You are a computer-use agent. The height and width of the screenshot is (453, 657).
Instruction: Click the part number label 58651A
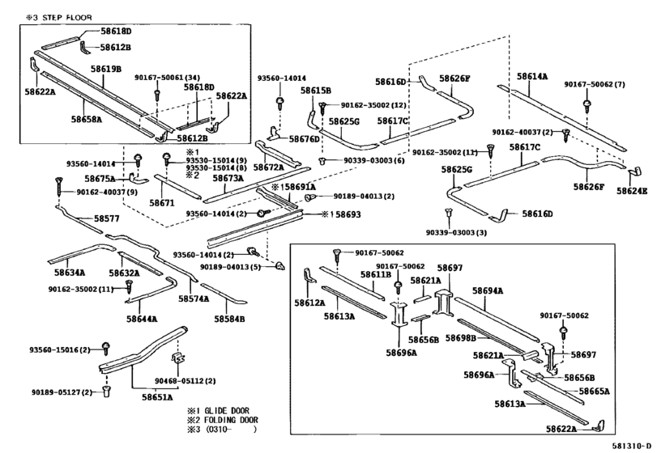pyautogui.click(x=157, y=397)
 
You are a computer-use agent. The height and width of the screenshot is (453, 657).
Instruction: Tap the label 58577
pyautogui.click(x=106, y=218)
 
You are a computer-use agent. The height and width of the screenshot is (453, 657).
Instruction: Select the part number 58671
pyautogui.click(x=162, y=203)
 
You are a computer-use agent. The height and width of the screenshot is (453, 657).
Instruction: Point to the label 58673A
pyautogui.click(x=228, y=178)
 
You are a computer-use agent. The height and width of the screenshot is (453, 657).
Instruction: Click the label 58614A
pyautogui.click(x=532, y=76)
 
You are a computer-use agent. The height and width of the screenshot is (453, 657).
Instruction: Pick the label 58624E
pyautogui.click(x=631, y=192)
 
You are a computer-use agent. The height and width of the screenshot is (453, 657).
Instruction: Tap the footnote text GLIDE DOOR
pyautogui.click(x=227, y=411)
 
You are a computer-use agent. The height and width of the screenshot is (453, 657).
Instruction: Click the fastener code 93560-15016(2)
pyautogui.click(x=60, y=349)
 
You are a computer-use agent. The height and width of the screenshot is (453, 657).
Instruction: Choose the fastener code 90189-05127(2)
pyautogui.click(x=62, y=392)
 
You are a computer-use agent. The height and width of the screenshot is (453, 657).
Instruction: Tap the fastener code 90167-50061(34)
pyautogui.click(x=167, y=78)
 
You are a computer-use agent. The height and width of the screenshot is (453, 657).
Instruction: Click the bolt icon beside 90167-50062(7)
pyautogui.click(x=587, y=104)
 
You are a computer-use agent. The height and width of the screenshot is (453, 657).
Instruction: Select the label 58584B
pyautogui.click(x=229, y=319)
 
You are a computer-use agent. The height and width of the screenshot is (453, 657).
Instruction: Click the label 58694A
pyautogui.click(x=488, y=290)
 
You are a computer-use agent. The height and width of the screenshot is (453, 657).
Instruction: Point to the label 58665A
pyautogui.click(x=594, y=391)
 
